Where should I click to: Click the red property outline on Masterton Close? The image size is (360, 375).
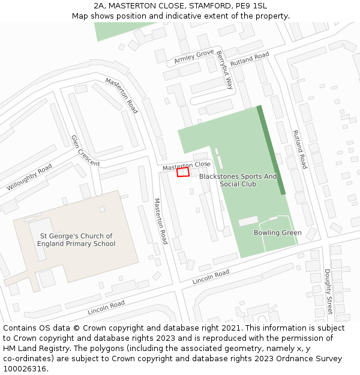pyautogui.click(x=183, y=172)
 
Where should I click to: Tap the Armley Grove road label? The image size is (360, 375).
pyautogui.click(x=194, y=57)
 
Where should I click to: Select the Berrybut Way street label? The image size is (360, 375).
pyautogui.click(x=224, y=70)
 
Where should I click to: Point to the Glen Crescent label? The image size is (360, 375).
pyautogui.click(x=85, y=151)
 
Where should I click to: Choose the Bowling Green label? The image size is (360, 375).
pyautogui.click(x=277, y=233)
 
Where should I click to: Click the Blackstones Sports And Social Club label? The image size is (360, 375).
pyautogui.click(x=238, y=180)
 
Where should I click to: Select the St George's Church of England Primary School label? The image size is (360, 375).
pyautogui.click(x=76, y=240)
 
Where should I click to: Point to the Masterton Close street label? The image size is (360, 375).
pyautogui.click(x=185, y=166)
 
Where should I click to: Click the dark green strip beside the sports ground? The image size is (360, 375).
pyautogui.click(x=271, y=150)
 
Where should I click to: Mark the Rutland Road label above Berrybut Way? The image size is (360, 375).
pyautogui.click(x=250, y=59)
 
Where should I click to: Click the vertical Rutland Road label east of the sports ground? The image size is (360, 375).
pyautogui.click(x=299, y=149)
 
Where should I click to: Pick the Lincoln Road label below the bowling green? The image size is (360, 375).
pyautogui.click(x=211, y=277)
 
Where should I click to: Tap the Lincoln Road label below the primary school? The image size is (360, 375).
pyautogui.click(x=106, y=307)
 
